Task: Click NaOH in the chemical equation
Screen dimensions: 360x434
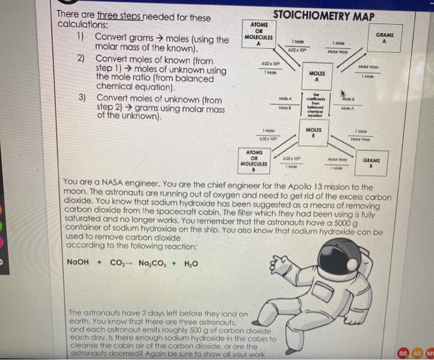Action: [79, 262]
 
